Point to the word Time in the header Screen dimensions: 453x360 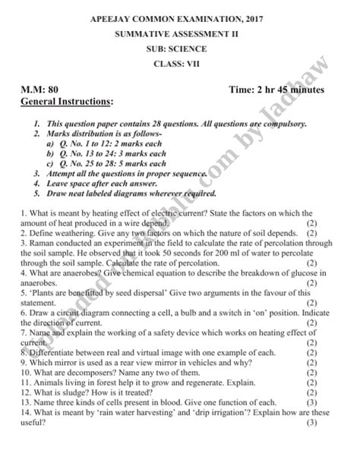click(x=242, y=90)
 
